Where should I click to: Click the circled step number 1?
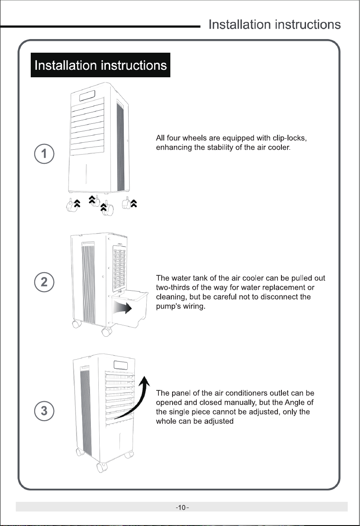pyautogui.click(x=44, y=154)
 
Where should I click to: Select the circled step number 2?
pyautogui.click(x=44, y=282)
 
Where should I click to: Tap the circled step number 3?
pyautogui.click(x=44, y=411)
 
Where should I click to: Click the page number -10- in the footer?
pyautogui.click(x=182, y=507)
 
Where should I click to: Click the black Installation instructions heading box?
pyautogui.click(x=100, y=65)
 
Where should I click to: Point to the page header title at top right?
pyautogui.click(x=274, y=25)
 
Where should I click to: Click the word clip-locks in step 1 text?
pyautogui.click(x=289, y=138)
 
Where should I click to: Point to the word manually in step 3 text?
pyautogui.click(x=240, y=403)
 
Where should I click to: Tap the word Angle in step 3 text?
pyautogui.click(x=295, y=402)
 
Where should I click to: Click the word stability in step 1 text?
pyautogui.click(x=220, y=148)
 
